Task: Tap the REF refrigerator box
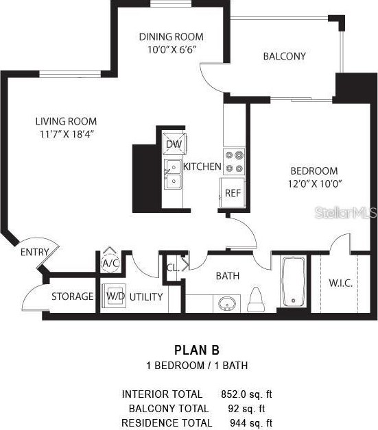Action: pyautogui.click(x=232, y=192)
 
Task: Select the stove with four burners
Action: pyautogui.click(x=234, y=161)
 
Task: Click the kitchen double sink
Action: pyautogui.click(x=172, y=174)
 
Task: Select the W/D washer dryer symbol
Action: pyautogui.click(x=114, y=296)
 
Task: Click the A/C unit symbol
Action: pyautogui.click(x=110, y=262)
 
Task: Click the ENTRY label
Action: pyautogui.click(x=34, y=252)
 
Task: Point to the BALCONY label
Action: pyautogui.click(x=284, y=56)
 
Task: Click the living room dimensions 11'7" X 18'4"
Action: pyautogui.click(x=66, y=134)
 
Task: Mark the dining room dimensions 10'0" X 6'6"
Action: pyautogui.click(x=171, y=49)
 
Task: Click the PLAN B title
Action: pyautogui.click(x=197, y=351)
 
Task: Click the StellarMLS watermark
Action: pyautogui.click(x=346, y=213)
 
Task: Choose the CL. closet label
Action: pyautogui.click(x=173, y=268)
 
